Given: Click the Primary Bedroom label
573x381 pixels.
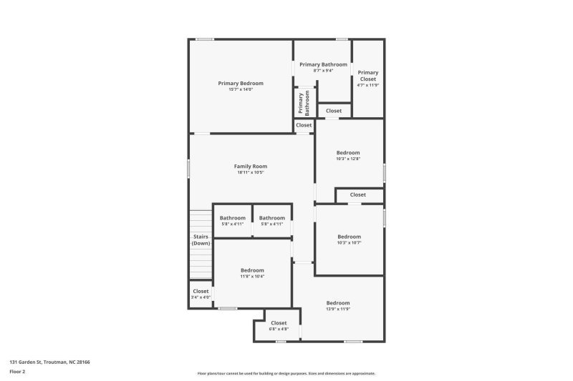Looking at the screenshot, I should tap(241, 83).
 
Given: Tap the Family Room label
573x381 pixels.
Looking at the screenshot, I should tap(251, 166).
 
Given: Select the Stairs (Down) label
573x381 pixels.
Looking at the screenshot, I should tap(201, 240).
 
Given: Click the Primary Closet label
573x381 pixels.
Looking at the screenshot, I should tap(368, 75).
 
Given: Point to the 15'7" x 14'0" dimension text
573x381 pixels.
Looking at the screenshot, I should tap(241, 89).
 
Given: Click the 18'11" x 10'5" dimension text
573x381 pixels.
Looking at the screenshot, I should tap(251, 172).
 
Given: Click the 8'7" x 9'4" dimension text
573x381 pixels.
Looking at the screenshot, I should tap(323, 70).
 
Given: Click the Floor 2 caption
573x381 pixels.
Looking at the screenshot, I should tap(17, 372).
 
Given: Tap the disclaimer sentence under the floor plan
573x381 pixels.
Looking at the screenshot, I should tap(286, 373).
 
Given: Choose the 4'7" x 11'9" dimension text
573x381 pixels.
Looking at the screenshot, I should tap(368, 85).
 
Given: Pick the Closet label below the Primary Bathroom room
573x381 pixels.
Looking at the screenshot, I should tap(334, 111).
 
